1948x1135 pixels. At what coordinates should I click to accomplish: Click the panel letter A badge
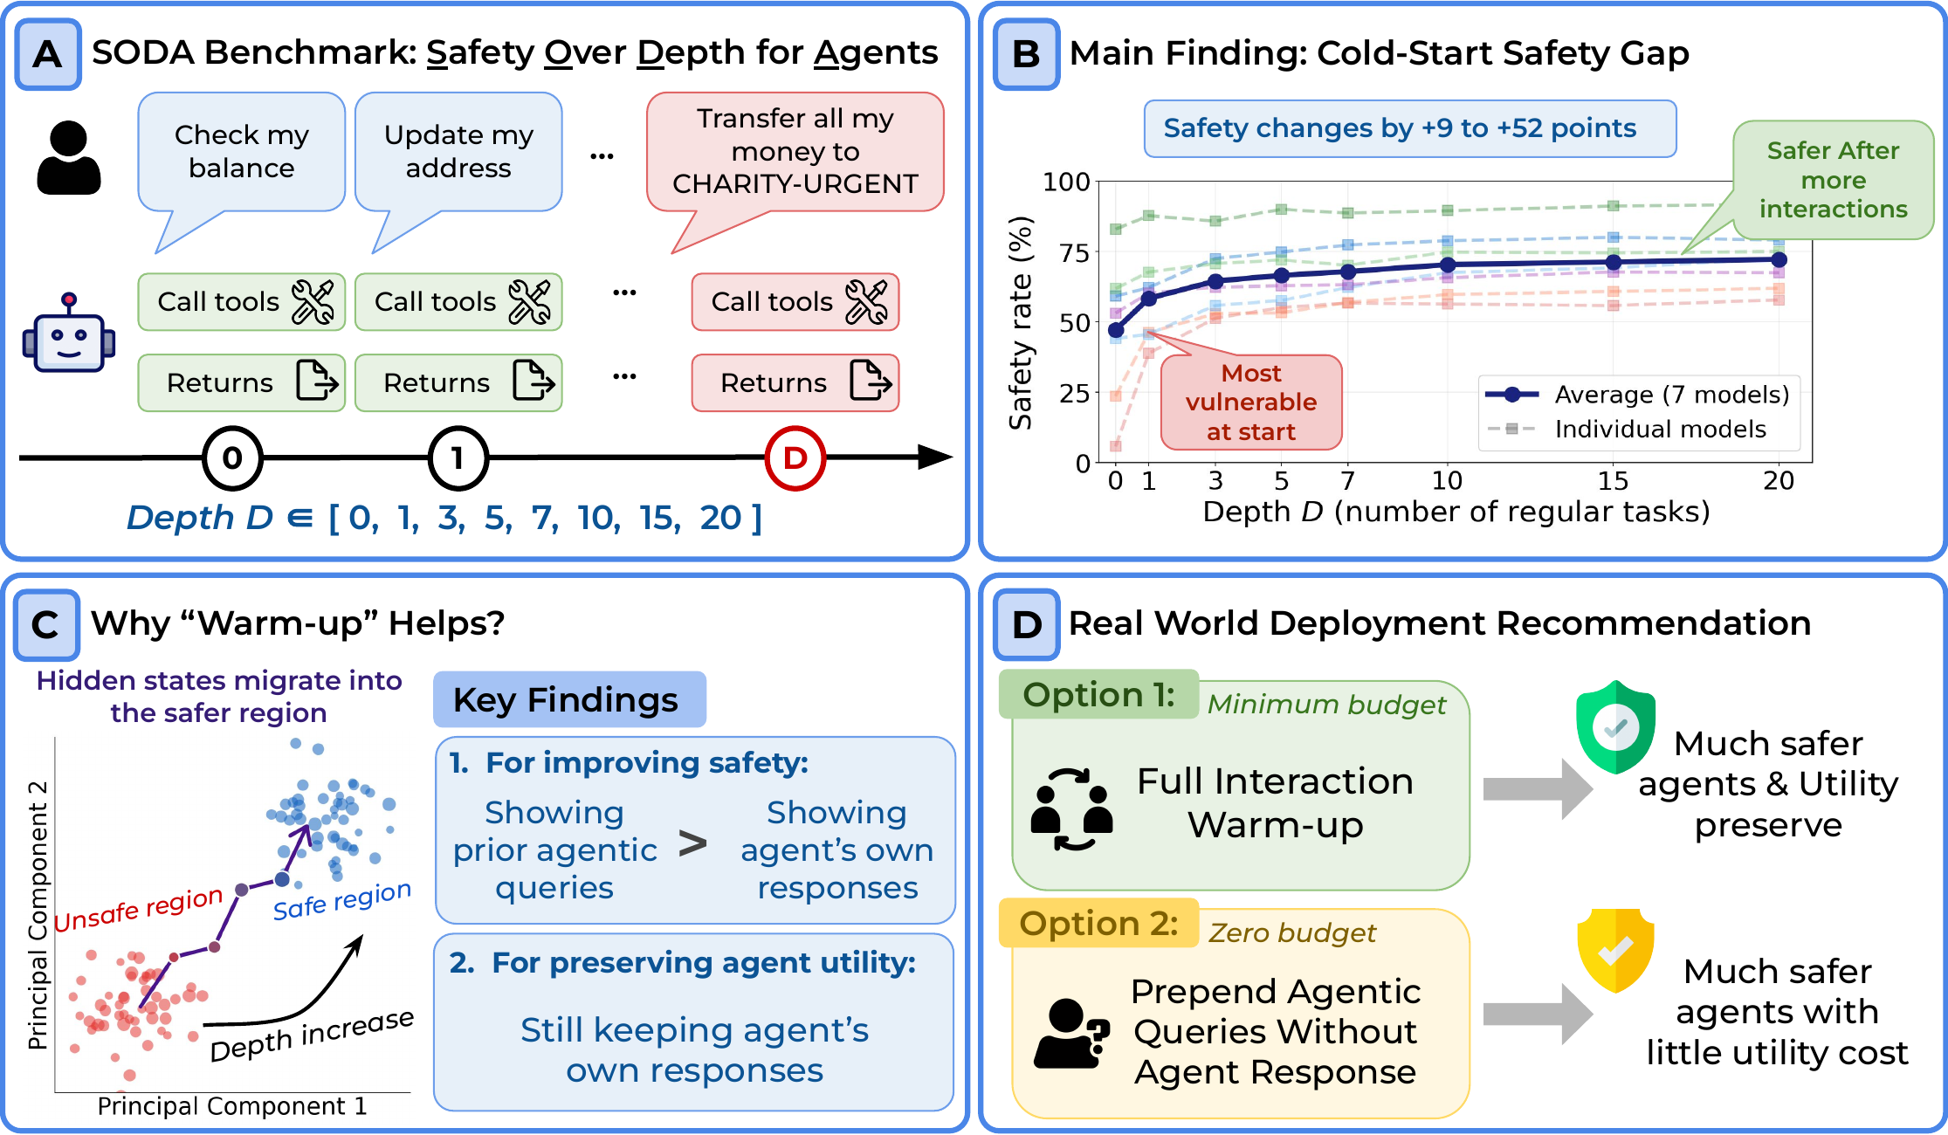(48, 54)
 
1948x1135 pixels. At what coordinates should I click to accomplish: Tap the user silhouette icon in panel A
(69, 158)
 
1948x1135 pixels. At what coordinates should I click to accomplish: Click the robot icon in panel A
(69, 334)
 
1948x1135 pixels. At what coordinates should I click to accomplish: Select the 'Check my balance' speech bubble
(241, 152)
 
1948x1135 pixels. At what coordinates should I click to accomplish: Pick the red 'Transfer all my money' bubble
(795, 152)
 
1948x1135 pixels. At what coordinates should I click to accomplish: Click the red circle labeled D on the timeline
(795, 457)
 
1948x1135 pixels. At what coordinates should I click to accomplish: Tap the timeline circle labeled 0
(232, 457)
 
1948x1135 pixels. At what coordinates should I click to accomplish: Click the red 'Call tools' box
(795, 302)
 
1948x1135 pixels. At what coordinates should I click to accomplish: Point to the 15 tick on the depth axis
(1613, 481)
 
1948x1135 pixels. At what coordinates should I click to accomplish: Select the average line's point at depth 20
(1779, 259)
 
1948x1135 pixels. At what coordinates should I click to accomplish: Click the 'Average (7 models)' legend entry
(1638, 395)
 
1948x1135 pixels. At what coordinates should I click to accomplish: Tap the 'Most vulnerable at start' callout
(1251, 402)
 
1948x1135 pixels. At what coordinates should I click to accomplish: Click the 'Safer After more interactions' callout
(1833, 180)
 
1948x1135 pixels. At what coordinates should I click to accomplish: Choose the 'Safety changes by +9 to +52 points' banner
(1410, 128)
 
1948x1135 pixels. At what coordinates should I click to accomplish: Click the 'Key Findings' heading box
(569, 699)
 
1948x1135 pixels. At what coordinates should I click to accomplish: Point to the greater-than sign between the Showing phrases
(693, 843)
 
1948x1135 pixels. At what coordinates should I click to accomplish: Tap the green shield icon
(1615, 727)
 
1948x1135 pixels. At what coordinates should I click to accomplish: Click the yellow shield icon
(1615, 951)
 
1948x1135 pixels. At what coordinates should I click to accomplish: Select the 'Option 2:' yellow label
(1098, 923)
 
